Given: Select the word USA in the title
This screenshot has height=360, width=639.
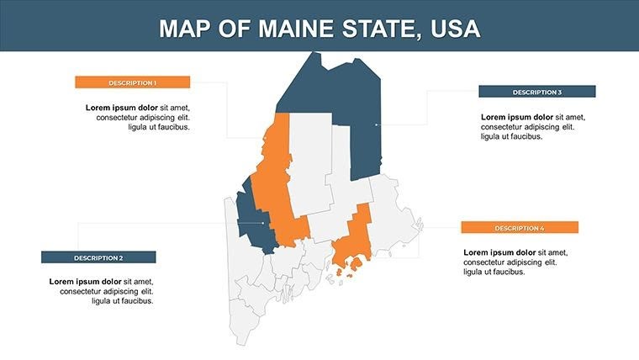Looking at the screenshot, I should [x=455, y=29].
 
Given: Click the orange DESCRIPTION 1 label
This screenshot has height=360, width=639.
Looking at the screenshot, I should [x=132, y=82].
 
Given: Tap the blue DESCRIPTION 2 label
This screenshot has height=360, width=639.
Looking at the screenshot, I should [x=98, y=257].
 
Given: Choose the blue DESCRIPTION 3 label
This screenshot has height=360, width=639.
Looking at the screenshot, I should [x=536, y=92].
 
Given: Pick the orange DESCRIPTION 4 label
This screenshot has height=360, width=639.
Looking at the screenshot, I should [x=519, y=228].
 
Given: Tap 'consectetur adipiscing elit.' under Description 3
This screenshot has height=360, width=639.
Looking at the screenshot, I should [x=526, y=127].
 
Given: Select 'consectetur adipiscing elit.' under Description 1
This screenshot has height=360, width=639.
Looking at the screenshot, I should [x=142, y=118].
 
